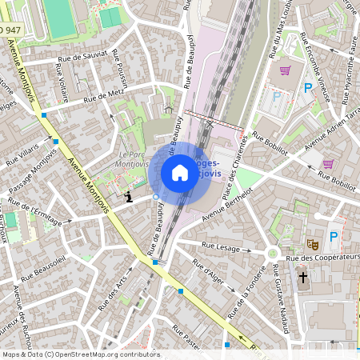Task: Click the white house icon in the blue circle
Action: pos(180,172)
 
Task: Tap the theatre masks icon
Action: pos(311,242)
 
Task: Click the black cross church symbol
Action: pos(302,278)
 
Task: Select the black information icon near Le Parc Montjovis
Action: pos(129,195)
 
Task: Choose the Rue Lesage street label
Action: pos(221,247)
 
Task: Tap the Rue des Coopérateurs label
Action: pos(320,258)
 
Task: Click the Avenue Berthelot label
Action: pos(227,207)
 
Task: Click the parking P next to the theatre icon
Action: pos(334,237)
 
